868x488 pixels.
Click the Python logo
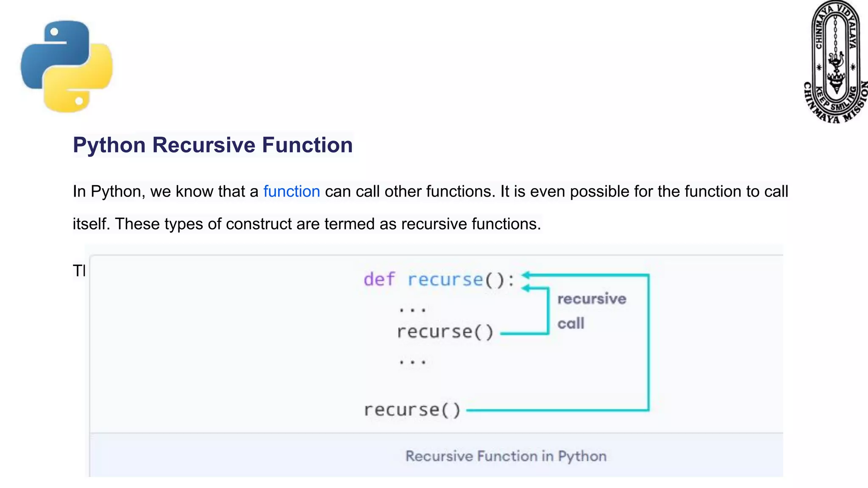click(x=67, y=67)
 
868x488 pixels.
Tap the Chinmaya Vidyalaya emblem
click(x=835, y=62)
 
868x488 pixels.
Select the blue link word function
click(x=291, y=191)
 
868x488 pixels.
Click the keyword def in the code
click(x=379, y=280)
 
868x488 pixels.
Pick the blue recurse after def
click(x=445, y=280)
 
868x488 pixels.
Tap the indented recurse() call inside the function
click(x=445, y=332)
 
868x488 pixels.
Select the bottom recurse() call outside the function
click(x=412, y=410)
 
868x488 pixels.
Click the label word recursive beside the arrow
click(x=591, y=299)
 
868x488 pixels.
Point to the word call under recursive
click(x=570, y=324)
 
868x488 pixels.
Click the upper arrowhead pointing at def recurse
click(x=526, y=275)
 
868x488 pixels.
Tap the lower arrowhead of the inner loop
click(x=526, y=288)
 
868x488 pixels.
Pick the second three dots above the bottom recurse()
click(x=412, y=362)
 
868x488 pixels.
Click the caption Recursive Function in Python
click(x=506, y=456)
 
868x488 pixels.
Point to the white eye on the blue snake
click(x=54, y=32)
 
